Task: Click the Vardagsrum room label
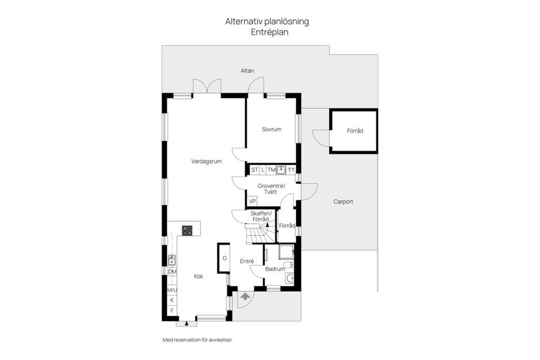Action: click(x=206, y=161)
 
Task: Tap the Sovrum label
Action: click(x=271, y=129)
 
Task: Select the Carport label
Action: click(x=343, y=201)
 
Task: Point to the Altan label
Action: click(x=247, y=71)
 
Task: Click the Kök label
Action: click(x=199, y=276)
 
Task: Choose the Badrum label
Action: click(x=275, y=269)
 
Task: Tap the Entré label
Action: click(x=247, y=261)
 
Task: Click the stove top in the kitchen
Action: click(x=187, y=229)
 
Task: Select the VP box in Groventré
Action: click(x=253, y=201)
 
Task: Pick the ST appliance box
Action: click(x=254, y=169)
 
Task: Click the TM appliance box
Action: click(x=271, y=169)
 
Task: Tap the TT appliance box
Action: click(x=291, y=169)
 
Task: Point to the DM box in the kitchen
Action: click(x=172, y=272)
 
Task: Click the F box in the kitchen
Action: click(x=172, y=310)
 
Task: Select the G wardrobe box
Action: click(x=224, y=258)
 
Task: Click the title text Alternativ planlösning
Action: click(x=267, y=21)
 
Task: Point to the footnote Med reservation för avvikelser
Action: click(x=197, y=340)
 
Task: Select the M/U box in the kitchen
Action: click(x=172, y=290)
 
